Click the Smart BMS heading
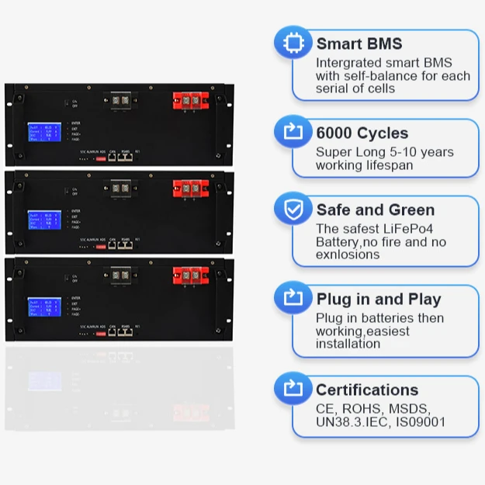point(359,44)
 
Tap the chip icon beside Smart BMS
point(293,43)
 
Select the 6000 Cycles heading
point(362,133)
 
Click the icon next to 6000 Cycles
point(293,133)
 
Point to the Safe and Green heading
point(376,210)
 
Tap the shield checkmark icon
point(293,210)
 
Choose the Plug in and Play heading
point(379,299)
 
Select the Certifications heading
point(367,390)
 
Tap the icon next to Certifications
point(293,389)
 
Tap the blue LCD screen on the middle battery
point(44,221)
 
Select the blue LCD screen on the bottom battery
point(44,308)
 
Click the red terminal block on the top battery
point(190,101)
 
